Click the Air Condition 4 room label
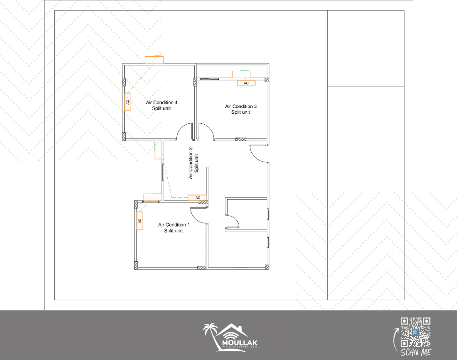[x=161, y=106]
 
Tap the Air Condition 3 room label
[x=241, y=109]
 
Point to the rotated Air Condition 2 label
[x=193, y=163]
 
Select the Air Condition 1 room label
[x=174, y=228]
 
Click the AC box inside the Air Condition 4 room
[x=128, y=102]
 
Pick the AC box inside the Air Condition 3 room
[x=246, y=83]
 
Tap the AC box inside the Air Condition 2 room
[x=197, y=197]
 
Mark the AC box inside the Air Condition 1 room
[x=139, y=221]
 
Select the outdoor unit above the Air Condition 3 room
[x=241, y=74]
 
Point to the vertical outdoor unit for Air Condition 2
[x=158, y=150]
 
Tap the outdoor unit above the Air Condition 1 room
[x=153, y=196]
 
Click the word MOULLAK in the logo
[x=239, y=343]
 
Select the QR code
[x=415, y=332]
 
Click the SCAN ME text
[x=416, y=352]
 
